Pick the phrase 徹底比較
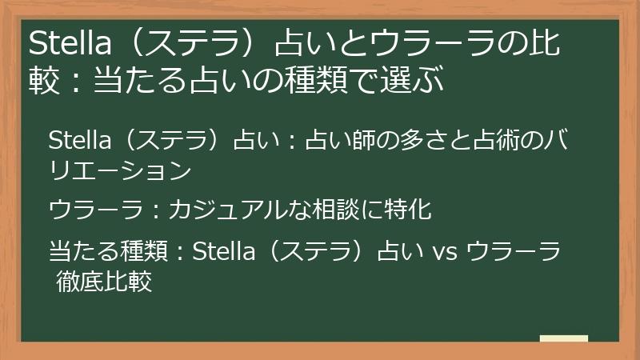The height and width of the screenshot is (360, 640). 104,281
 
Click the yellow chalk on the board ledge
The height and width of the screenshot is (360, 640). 563,338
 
